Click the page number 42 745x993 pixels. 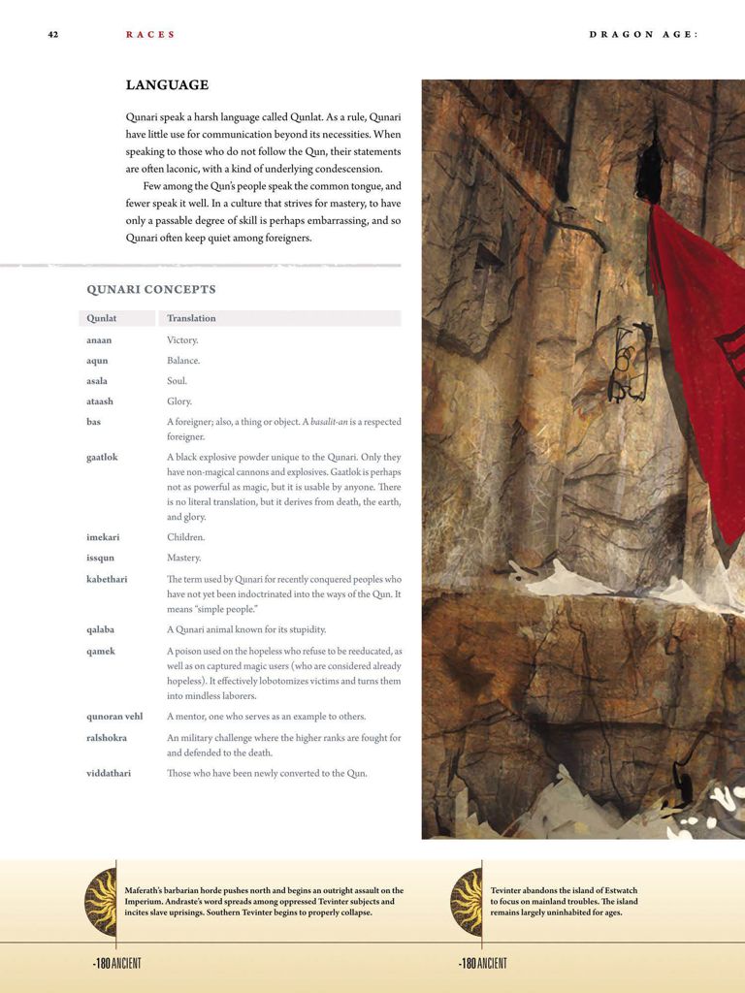click(x=53, y=35)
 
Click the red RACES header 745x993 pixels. click(x=150, y=35)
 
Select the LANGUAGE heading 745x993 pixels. click(x=167, y=85)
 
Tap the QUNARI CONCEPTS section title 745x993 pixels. click(x=151, y=289)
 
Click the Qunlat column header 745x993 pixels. click(x=102, y=318)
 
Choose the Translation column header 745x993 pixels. click(x=191, y=318)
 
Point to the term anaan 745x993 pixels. click(x=99, y=340)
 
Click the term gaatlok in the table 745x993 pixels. click(x=102, y=457)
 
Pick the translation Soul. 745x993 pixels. click(x=177, y=381)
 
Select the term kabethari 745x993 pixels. click(x=107, y=579)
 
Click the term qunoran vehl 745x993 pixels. click(x=114, y=717)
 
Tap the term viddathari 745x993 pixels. click(x=109, y=773)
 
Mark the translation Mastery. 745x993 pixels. click(x=184, y=558)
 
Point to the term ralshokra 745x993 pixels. click(x=108, y=738)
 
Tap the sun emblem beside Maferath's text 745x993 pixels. click(x=101, y=902)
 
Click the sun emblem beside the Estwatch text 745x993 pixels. click(x=467, y=902)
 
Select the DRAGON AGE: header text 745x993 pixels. click(x=643, y=35)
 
